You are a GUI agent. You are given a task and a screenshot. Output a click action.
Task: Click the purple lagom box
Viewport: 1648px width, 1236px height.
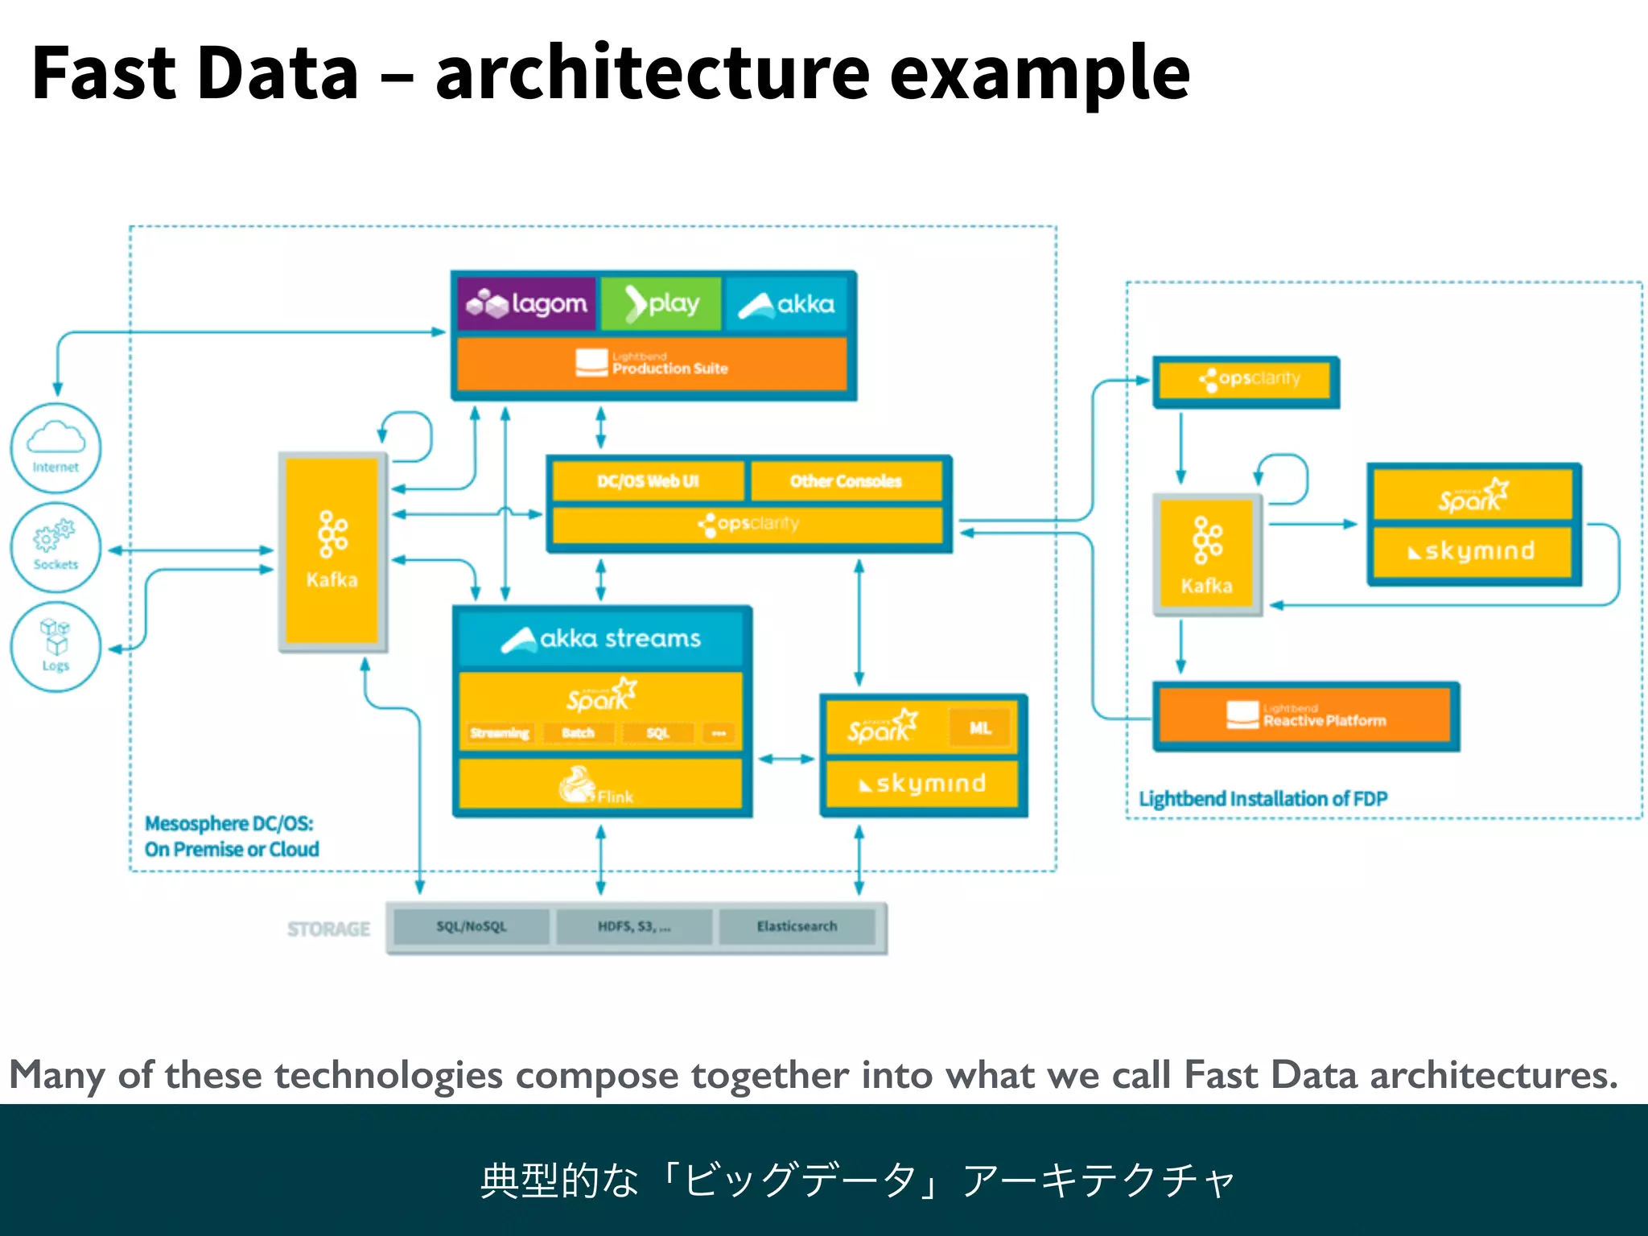[x=527, y=304]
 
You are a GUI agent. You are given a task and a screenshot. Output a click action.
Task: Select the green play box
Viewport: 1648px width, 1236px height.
[x=661, y=304]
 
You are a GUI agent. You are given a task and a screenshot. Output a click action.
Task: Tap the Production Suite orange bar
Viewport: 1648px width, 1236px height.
[x=652, y=364]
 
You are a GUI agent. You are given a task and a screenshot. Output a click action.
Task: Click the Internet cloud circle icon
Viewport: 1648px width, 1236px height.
[x=56, y=447]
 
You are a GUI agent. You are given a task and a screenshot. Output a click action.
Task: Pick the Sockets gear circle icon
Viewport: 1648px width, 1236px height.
[x=56, y=547]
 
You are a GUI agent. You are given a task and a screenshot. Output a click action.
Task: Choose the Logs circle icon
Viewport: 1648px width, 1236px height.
[x=56, y=646]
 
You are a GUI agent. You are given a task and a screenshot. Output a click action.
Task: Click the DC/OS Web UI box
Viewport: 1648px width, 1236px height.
[x=648, y=481]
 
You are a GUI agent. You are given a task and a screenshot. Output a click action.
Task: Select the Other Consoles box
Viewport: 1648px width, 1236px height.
[x=846, y=481]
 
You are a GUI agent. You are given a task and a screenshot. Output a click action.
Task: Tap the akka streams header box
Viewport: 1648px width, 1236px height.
[x=601, y=639]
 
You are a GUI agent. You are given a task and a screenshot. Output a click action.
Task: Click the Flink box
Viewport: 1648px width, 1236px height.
[x=600, y=785]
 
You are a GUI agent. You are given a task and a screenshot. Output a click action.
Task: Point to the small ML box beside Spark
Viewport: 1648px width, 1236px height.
[x=979, y=728]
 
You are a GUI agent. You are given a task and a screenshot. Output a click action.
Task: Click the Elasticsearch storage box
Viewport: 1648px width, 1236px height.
[x=797, y=927]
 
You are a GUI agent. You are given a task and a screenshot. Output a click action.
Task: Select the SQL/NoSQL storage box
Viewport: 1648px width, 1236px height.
[x=472, y=927]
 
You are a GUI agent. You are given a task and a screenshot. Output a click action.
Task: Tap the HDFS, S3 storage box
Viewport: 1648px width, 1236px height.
[x=634, y=927]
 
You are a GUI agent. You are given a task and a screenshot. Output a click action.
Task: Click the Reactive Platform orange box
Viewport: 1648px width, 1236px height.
[x=1305, y=715]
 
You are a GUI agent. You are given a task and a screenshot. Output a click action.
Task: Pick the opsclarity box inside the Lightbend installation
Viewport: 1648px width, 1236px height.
[x=1246, y=379]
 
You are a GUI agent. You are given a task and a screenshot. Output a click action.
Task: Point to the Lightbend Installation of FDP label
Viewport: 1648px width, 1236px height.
[x=1263, y=799]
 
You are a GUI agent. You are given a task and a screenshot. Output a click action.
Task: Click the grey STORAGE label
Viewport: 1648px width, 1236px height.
[x=328, y=929]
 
